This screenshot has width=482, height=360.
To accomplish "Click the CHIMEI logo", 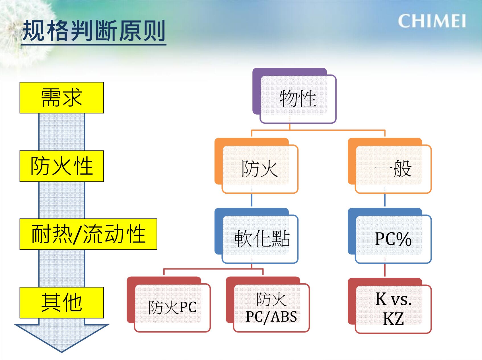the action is pos(432,21).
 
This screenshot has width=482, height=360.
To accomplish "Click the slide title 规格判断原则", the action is pos(94,31).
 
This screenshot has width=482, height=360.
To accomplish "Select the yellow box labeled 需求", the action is pos(61,98).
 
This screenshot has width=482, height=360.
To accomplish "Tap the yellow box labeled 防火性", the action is pos(61,166).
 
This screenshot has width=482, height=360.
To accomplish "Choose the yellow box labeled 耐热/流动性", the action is pos(88,234).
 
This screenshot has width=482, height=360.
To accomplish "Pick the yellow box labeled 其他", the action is pos(61,303).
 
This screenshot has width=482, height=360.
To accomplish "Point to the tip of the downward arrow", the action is pos(61,352).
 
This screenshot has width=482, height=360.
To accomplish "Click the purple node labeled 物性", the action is pos(294,96).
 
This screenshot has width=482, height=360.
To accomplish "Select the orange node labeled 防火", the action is pos(256,165).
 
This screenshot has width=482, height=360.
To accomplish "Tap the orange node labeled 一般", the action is pos(390,165).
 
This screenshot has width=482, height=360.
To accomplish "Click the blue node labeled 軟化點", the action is pos(256,235).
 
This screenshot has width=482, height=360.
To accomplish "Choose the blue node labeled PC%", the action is pos(390,235).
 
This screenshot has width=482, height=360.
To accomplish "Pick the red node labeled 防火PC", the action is pos(168,304).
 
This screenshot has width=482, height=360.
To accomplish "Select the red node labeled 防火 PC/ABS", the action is pos(267,304).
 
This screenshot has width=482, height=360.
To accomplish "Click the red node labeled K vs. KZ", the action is pos(390,305).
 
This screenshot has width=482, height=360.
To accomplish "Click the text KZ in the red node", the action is pos(394,319).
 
